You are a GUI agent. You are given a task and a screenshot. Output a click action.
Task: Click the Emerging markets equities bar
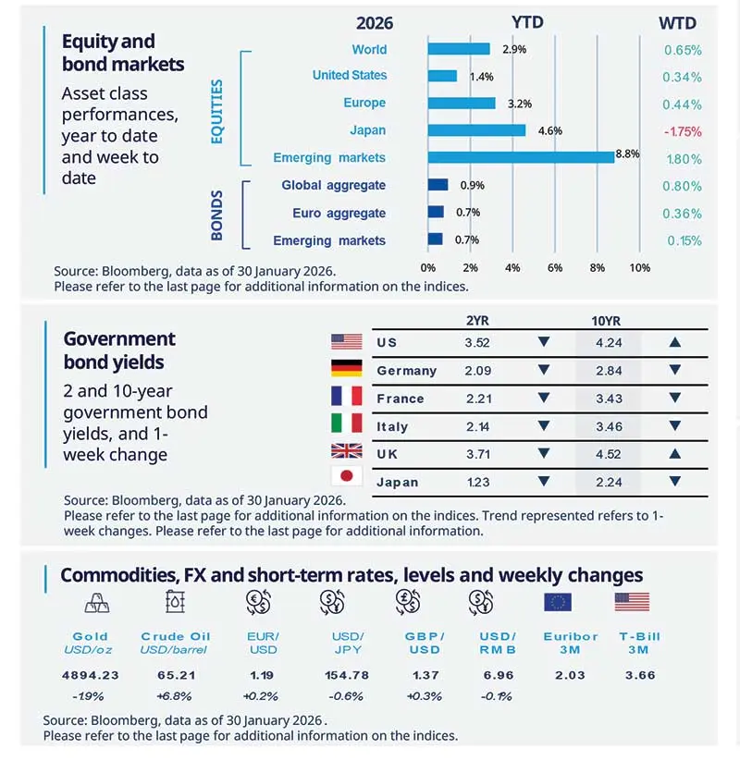521,157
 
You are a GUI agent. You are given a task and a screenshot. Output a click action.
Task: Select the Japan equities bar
476,130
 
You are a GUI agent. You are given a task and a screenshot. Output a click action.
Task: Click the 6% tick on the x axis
555,268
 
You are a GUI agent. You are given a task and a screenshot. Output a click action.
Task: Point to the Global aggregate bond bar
438,185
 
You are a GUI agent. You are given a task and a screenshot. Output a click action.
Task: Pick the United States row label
350,75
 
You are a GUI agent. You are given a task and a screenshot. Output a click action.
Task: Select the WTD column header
677,22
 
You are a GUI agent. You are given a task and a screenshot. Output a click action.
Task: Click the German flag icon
346,370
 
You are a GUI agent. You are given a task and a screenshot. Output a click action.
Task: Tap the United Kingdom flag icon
346,453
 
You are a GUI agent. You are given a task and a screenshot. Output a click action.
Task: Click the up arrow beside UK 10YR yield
675,454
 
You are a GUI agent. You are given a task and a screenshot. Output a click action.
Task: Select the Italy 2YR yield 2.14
477,426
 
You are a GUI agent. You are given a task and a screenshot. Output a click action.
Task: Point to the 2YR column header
478,320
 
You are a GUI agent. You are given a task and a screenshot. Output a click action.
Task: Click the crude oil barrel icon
175,603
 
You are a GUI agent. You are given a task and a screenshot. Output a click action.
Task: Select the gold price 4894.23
91,675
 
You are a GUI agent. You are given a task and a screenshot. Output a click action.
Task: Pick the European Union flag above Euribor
558,603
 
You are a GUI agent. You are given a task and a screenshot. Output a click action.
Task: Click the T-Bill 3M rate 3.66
639,675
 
